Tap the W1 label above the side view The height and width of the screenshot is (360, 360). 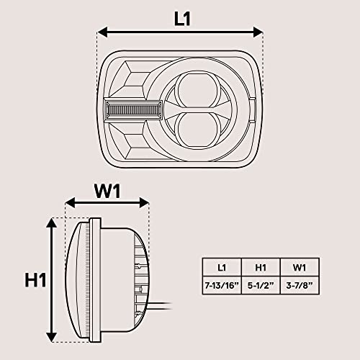click(x=107, y=192)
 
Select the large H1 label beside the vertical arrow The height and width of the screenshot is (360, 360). click(x=35, y=280)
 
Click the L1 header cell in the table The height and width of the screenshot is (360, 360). click(x=222, y=267)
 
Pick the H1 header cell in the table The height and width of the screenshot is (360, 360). click(x=261, y=267)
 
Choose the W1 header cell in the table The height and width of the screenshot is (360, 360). click(x=300, y=267)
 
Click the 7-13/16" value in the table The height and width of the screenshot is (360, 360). click(x=222, y=285)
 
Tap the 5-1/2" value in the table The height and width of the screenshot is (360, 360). click(x=261, y=285)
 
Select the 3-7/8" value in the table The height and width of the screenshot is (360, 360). click(x=300, y=285)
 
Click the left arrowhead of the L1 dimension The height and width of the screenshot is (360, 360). click(x=102, y=32)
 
